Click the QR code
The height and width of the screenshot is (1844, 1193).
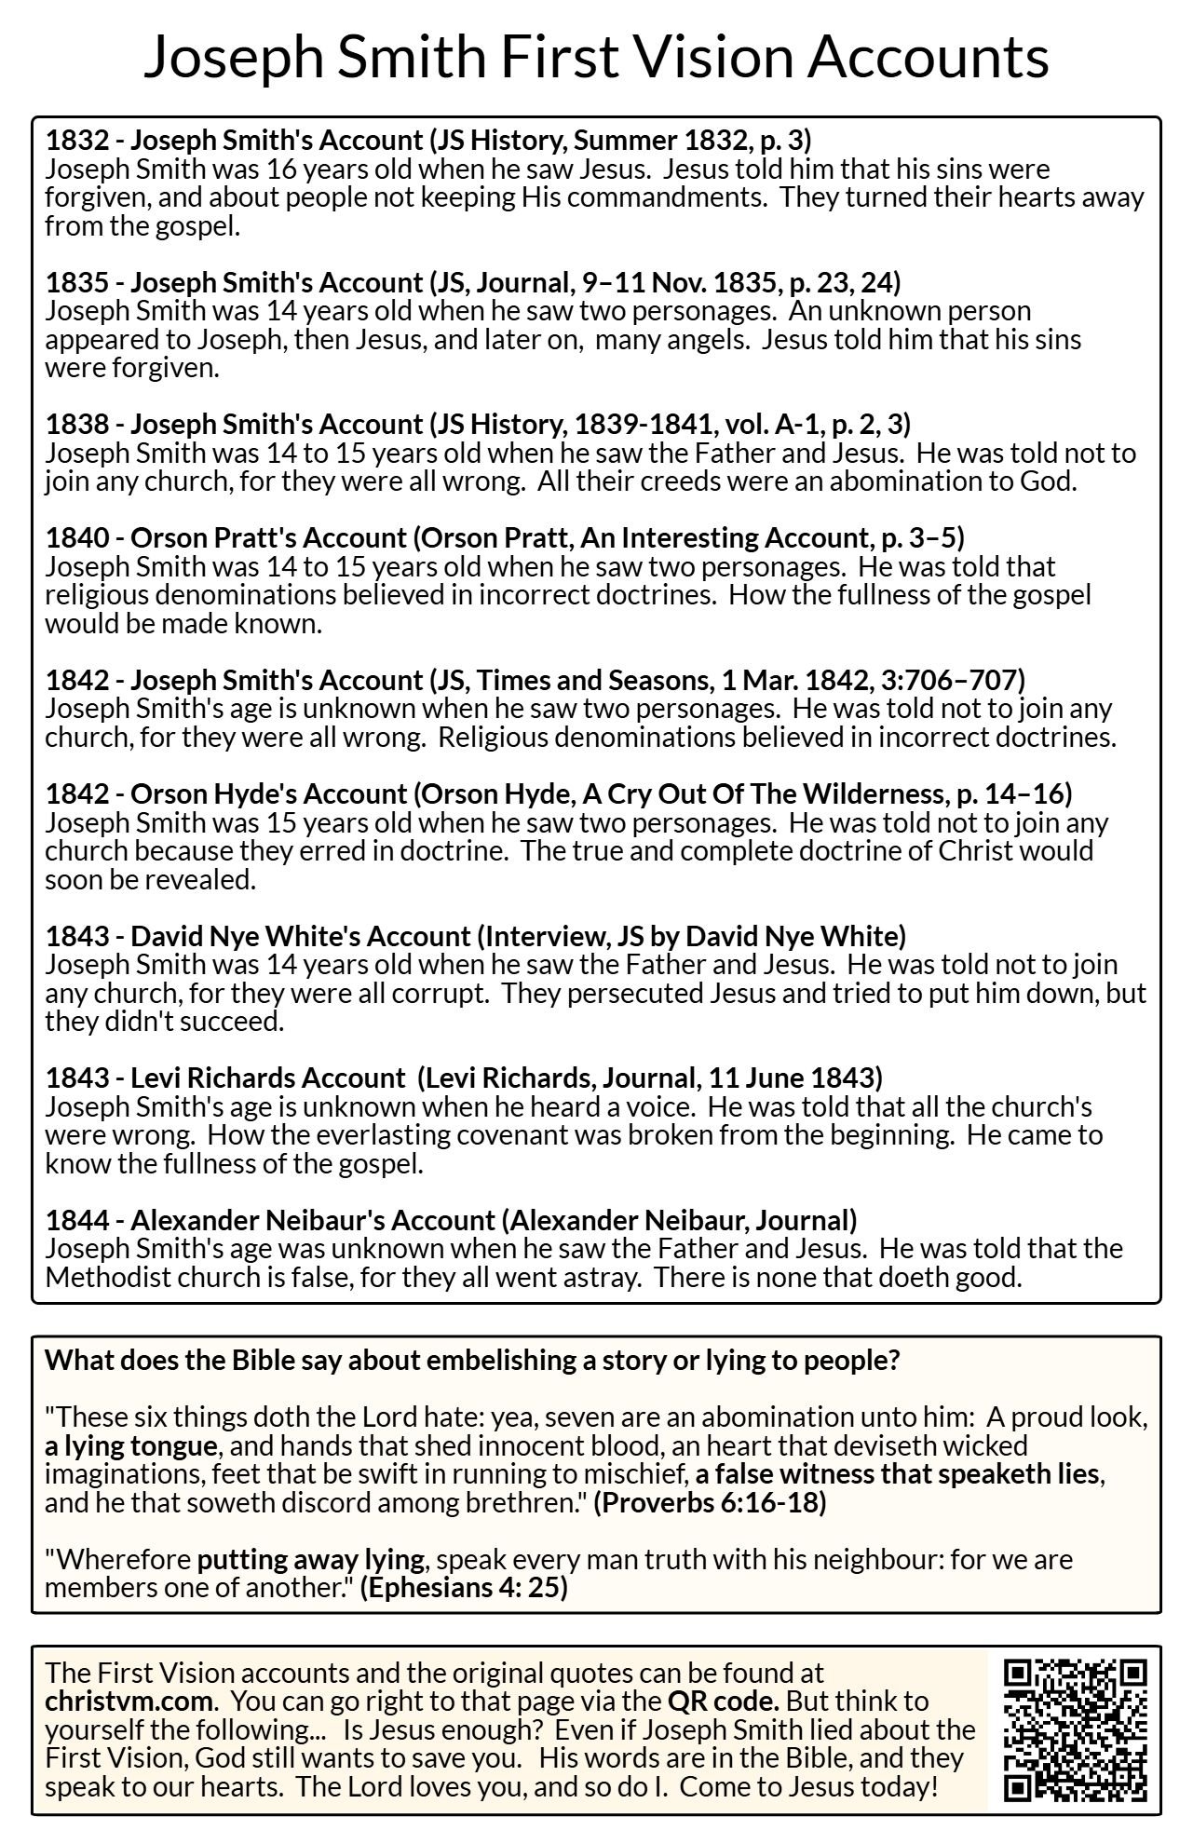click(x=1076, y=1729)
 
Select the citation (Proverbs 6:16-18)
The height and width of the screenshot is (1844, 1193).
click(x=710, y=1503)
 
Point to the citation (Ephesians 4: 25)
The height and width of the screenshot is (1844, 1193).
click(x=464, y=1587)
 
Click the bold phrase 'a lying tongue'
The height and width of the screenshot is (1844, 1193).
click(x=131, y=1446)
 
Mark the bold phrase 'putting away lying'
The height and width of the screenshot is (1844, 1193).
click(x=310, y=1559)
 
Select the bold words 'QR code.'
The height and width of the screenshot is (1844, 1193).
click(x=723, y=1701)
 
